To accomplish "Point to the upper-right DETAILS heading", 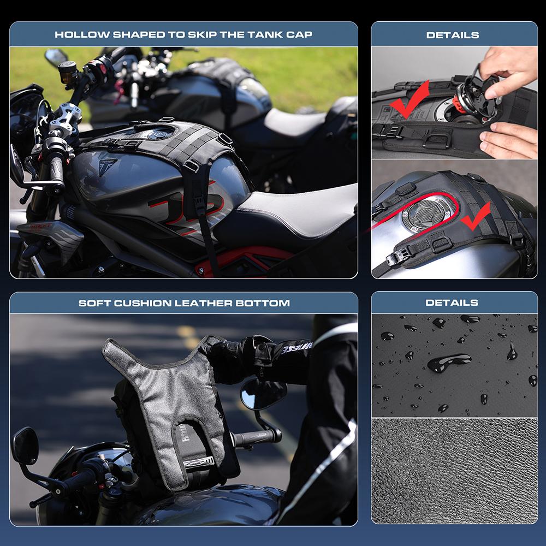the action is [x=452, y=35].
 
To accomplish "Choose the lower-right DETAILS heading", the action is [x=452, y=302].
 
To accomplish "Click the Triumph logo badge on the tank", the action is [x=108, y=167].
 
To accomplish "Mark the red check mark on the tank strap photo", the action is [x=476, y=217].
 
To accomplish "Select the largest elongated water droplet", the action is [x=449, y=363].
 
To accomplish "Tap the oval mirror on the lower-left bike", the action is [x=26, y=446].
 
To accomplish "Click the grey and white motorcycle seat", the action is [x=299, y=212].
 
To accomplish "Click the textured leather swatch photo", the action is [x=454, y=471].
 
